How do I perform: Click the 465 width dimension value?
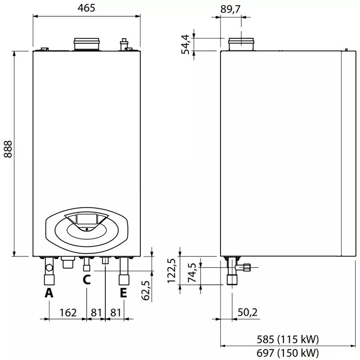pyautogui.click(x=86, y=8)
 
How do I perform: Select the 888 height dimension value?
pyautogui.click(x=8, y=149)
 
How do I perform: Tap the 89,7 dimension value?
pyautogui.click(x=230, y=9)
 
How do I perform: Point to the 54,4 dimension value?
pyautogui.click(x=185, y=44)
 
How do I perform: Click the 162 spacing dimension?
pyautogui.click(x=68, y=313)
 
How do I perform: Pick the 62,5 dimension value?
pyautogui.click(x=146, y=291)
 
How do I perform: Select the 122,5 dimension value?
pyautogui.click(x=171, y=271)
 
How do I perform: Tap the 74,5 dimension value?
pyautogui.click(x=193, y=273)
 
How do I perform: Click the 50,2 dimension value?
pyautogui.click(x=247, y=312)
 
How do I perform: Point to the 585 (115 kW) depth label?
pyautogui.click(x=288, y=339)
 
